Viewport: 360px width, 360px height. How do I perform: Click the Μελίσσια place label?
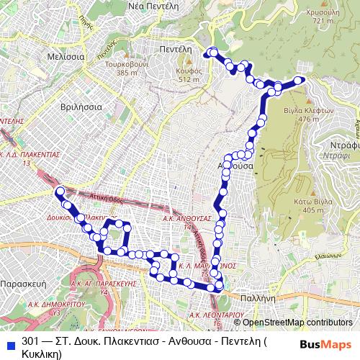pos(63,55)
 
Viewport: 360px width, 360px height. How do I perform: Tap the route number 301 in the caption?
pos(31,341)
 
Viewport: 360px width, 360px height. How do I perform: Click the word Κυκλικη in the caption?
pos(42,354)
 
